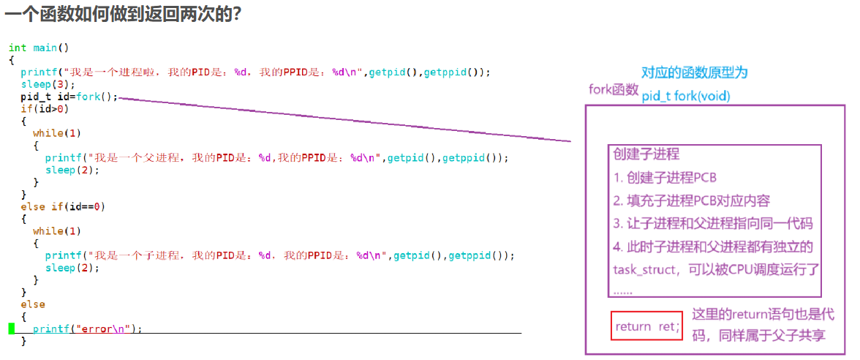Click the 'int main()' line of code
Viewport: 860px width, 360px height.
[39, 48]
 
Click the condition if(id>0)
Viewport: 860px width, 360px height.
[45, 109]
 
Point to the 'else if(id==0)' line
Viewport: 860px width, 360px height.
[63, 206]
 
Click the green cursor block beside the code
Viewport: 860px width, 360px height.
[12, 329]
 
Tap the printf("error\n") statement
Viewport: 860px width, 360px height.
[87, 329]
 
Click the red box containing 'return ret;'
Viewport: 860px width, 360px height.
[646, 326]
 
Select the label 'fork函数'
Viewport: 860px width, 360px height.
[614, 89]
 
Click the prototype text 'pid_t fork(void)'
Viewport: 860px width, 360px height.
[685, 96]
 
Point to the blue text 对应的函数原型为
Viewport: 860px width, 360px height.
[694, 72]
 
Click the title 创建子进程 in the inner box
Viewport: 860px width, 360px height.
[646, 154]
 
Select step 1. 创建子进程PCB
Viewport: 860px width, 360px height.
[665, 177]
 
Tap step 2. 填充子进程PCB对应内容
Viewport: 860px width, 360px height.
[691, 200]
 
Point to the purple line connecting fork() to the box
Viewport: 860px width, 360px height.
[344, 119]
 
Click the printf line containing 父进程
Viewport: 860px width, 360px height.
[276, 157]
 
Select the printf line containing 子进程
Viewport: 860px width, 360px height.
[279, 255]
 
